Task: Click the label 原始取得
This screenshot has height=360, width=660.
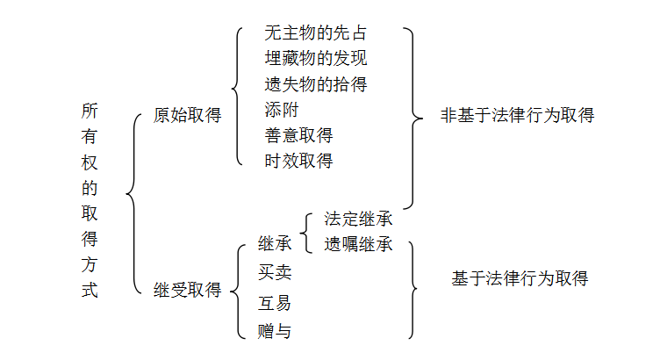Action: click(187, 115)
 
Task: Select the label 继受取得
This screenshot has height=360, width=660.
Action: click(187, 290)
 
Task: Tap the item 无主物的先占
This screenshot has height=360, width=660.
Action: click(315, 34)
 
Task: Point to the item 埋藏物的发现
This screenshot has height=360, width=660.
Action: click(315, 60)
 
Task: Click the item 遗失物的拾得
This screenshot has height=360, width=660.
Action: click(315, 85)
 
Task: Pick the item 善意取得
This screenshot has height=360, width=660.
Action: click(298, 136)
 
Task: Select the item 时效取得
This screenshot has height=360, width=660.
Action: click(298, 161)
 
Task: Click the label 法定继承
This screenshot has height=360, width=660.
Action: click(358, 219)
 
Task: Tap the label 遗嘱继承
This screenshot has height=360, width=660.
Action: click(358, 244)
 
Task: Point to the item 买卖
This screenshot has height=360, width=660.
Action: click(275, 272)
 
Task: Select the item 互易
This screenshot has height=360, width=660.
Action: click(275, 304)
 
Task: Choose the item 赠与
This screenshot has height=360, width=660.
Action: click(275, 331)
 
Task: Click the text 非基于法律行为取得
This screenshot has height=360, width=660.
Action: click(517, 115)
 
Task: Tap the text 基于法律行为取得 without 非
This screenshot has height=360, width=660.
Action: click(520, 279)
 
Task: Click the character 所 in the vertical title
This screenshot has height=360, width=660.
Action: click(90, 112)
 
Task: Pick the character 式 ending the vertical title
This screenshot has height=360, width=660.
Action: click(90, 290)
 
